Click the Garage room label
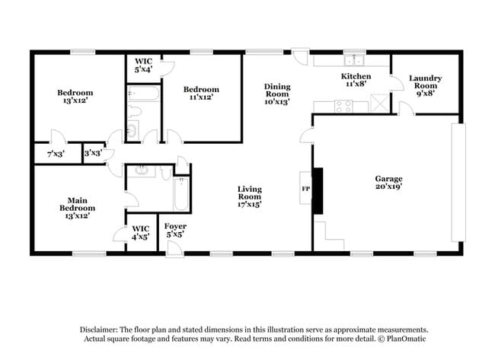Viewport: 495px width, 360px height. pyautogui.click(x=388, y=183)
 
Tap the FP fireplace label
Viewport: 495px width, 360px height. pyautogui.click(x=306, y=187)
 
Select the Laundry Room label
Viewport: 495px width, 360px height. pyautogui.click(x=425, y=82)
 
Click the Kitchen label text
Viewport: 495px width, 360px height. pyautogui.click(x=356, y=81)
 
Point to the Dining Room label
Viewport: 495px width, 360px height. pyautogui.click(x=277, y=94)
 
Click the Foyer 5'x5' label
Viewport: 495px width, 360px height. pyautogui.click(x=176, y=231)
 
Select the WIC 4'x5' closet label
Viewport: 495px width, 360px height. pyautogui.click(x=140, y=231)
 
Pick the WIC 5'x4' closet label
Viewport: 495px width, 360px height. pyautogui.click(x=144, y=65)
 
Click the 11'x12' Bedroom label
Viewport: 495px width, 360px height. pyautogui.click(x=202, y=93)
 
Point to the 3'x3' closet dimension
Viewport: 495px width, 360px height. pyautogui.click(x=93, y=153)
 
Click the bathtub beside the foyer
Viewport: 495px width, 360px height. pyautogui.click(x=182, y=196)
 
